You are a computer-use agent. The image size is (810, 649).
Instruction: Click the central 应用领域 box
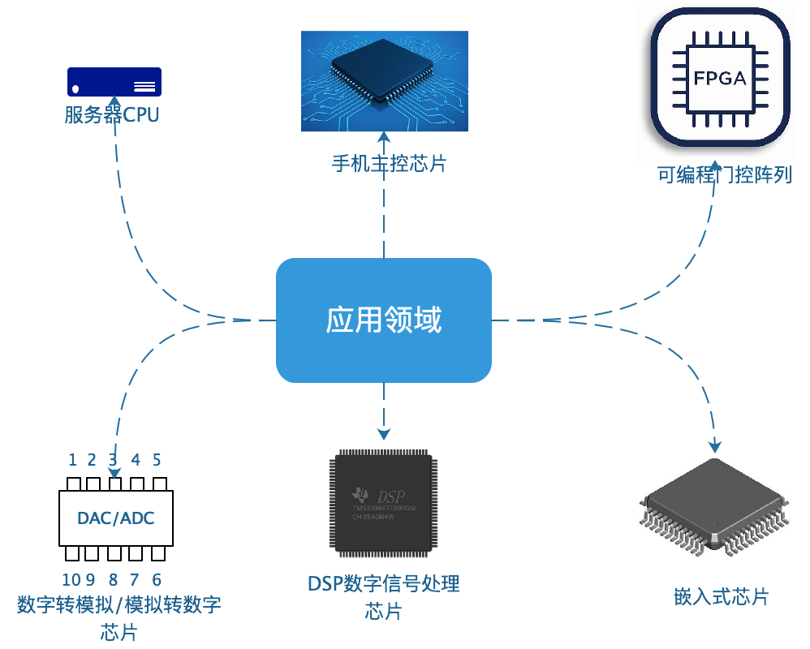384,320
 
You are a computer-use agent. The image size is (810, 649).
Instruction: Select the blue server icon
114,82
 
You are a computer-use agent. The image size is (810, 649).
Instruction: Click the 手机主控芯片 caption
390,164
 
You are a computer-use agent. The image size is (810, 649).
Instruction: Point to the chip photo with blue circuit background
385,81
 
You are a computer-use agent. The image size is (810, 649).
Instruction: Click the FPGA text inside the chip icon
720,78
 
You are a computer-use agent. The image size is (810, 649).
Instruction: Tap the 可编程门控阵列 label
725,175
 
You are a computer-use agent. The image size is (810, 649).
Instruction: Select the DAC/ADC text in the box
116,518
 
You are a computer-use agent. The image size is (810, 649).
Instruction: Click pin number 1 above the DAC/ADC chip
72,460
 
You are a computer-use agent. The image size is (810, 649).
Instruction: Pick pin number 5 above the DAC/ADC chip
157,460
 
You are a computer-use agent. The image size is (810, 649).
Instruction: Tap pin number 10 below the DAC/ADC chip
71,579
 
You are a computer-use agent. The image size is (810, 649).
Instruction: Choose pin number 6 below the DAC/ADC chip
157,579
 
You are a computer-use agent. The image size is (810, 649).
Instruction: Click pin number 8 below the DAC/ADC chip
114,579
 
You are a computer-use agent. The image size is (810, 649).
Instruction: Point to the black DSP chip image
383,502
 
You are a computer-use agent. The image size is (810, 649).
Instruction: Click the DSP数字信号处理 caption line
384,583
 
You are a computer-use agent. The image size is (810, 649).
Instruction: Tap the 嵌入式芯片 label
722,597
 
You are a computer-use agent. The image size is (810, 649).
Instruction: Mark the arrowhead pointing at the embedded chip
715,445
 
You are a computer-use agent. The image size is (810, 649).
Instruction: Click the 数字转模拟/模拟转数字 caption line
119,605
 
